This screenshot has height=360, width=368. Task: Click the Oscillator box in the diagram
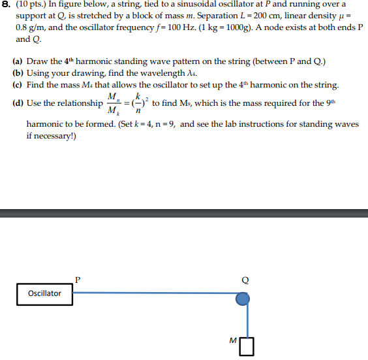tap(44, 293)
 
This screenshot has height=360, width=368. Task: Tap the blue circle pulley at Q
tap(242, 299)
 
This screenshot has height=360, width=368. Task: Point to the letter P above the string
tap(78, 279)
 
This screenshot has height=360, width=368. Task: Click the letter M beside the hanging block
tap(232, 340)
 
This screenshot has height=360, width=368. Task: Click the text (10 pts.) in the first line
tap(31, 4)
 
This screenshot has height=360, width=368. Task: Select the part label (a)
tap(18, 62)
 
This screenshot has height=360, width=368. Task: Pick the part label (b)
tap(18, 74)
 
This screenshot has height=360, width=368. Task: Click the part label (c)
tap(18, 86)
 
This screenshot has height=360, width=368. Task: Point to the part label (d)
tap(18, 103)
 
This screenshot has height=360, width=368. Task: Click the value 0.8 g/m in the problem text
tap(29, 27)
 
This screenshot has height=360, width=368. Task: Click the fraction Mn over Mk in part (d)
tap(114, 103)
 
